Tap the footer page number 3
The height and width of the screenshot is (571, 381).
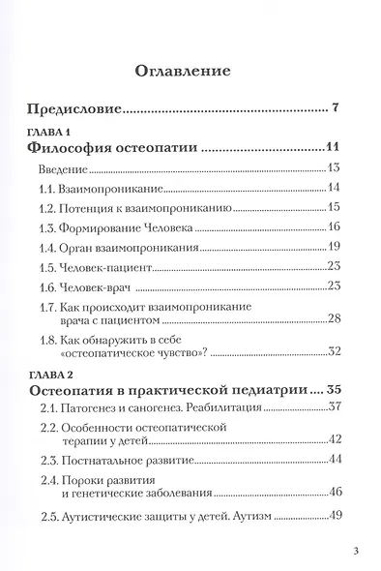(357, 553)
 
